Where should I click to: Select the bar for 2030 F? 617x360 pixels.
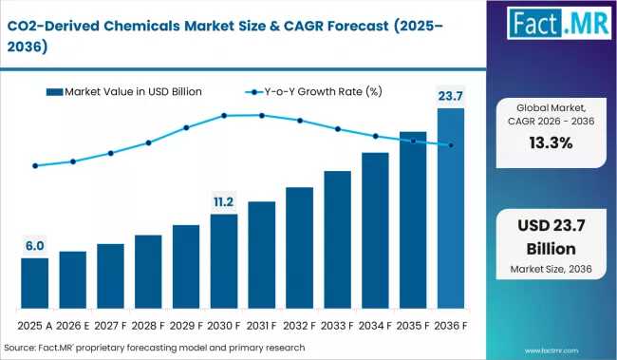point(224,260)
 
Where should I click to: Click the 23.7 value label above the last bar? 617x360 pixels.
point(451,95)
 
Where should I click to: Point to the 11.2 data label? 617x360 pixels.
point(224,201)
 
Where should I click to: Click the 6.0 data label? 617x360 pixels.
point(35,246)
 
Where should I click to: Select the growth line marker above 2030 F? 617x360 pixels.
point(224,116)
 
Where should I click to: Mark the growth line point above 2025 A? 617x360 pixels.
point(35,165)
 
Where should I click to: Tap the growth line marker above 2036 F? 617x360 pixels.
point(451,145)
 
